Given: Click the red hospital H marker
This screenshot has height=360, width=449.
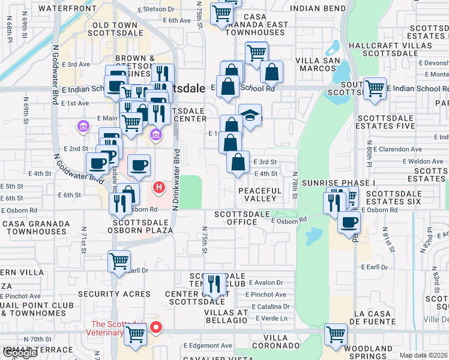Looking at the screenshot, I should click(159, 188).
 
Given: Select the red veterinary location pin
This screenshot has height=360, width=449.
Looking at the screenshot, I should click(156, 328).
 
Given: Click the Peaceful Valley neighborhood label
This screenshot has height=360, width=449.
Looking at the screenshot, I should click(260, 194).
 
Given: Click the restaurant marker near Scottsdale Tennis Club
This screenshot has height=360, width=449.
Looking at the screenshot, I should click(214, 284).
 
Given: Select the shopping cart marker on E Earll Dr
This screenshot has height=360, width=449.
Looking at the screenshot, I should click(119, 262).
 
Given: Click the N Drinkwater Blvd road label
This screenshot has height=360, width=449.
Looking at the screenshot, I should click(176, 180).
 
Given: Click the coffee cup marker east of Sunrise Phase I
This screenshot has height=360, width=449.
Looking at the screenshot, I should click(349, 222).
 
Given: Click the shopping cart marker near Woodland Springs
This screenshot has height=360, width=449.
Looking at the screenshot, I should click(336, 335).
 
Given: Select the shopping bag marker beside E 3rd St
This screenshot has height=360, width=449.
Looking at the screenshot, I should click(238, 162).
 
